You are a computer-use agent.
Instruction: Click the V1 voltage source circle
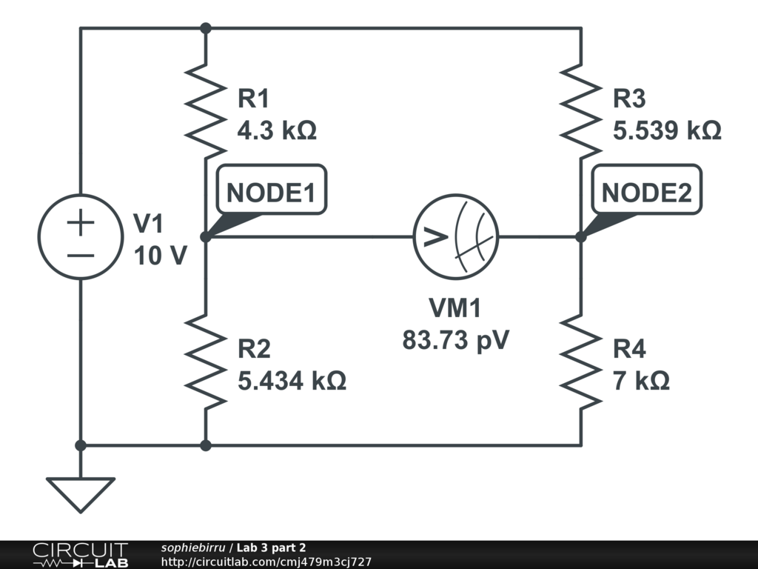click(81, 237)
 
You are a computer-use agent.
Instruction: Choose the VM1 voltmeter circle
click(455, 237)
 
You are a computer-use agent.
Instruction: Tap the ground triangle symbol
click(81, 492)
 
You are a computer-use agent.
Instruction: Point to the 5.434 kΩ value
click(292, 381)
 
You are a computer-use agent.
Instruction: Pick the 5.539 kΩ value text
click(667, 131)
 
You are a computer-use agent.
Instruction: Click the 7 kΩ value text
click(641, 381)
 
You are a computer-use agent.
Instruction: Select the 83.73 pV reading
click(457, 340)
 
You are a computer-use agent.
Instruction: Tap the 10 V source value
click(160, 256)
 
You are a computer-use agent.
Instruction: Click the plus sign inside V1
click(81, 223)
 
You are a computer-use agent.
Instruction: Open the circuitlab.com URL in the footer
click(266, 562)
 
